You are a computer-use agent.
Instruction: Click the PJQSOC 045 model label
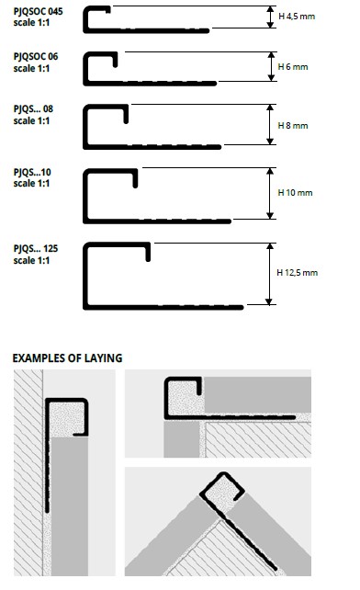point(38,11)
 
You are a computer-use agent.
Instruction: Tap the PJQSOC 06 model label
point(36,57)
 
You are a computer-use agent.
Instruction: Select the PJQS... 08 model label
point(33,109)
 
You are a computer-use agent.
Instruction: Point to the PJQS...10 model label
point(32,173)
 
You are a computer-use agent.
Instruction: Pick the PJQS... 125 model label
point(36,249)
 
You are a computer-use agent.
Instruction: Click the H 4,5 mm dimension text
point(297,17)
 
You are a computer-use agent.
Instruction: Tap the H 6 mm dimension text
point(293,67)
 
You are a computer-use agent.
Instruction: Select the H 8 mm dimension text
point(293,126)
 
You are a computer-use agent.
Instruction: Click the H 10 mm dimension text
point(295,193)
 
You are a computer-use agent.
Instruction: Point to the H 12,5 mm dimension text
point(298,272)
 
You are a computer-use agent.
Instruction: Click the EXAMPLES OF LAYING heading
point(67,357)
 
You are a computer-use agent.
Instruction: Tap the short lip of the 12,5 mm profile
point(148,253)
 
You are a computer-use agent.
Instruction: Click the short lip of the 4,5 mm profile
point(108,9)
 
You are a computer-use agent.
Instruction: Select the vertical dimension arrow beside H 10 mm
point(270,193)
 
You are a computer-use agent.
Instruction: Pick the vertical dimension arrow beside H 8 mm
point(270,125)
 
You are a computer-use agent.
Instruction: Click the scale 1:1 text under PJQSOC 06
point(31,69)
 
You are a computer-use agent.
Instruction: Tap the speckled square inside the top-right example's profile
point(182,398)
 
